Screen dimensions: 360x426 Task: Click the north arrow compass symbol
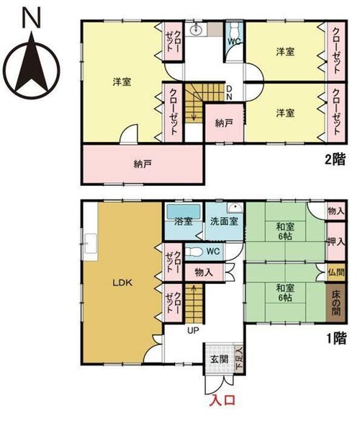tap(32, 67)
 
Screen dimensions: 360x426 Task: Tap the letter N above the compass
tap(32, 17)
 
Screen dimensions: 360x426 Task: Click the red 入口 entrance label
tap(223, 400)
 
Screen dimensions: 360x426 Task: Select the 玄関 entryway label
tap(219, 359)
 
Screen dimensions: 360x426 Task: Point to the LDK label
tap(122, 283)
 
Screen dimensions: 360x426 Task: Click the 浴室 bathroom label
tap(184, 221)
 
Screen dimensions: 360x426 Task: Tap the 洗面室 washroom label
tap(225, 221)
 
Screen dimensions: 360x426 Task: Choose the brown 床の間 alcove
tap(336, 303)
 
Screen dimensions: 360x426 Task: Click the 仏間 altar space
tap(336, 272)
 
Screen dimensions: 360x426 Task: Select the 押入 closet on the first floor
tap(336, 241)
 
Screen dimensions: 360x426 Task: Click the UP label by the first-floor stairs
tap(194, 330)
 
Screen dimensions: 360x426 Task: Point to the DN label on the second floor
tap(229, 93)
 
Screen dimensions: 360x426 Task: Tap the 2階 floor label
tap(336, 160)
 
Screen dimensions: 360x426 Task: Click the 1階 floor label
tap(336, 339)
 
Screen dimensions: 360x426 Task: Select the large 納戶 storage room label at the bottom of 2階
tap(143, 164)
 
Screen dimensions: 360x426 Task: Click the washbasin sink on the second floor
tap(195, 30)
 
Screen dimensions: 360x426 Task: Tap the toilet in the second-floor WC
tap(234, 29)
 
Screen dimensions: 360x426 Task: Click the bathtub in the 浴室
tap(184, 211)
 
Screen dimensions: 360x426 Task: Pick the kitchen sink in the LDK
tap(90, 243)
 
